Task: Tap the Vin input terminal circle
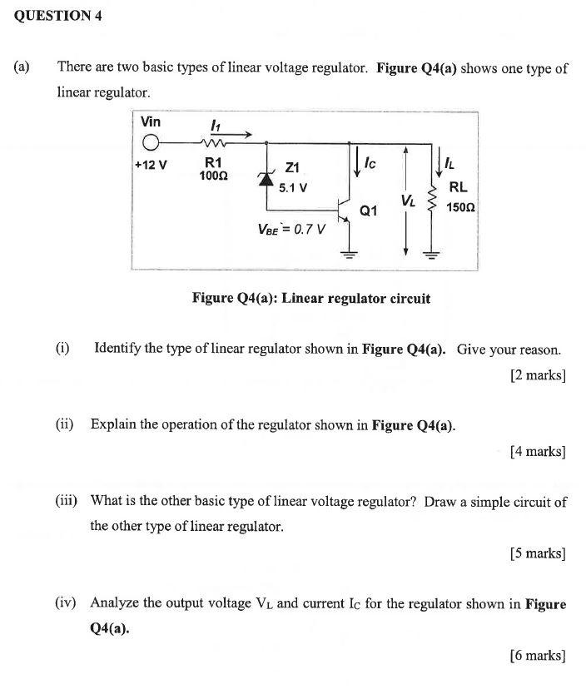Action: coord(151,142)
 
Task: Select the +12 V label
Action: coord(151,164)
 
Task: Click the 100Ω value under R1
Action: coord(214,176)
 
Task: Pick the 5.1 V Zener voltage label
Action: coord(293,187)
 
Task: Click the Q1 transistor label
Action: coord(369,211)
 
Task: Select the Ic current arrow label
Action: coord(370,164)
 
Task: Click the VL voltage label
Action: coord(408,201)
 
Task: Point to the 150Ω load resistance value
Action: coord(460,206)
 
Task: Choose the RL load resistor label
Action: coord(458,187)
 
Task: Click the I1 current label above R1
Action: coord(215,125)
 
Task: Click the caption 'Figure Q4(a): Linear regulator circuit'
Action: coord(311,298)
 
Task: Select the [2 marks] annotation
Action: coord(538,375)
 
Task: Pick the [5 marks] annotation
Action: coord(538,553)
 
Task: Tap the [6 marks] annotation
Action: coord(538,656)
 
